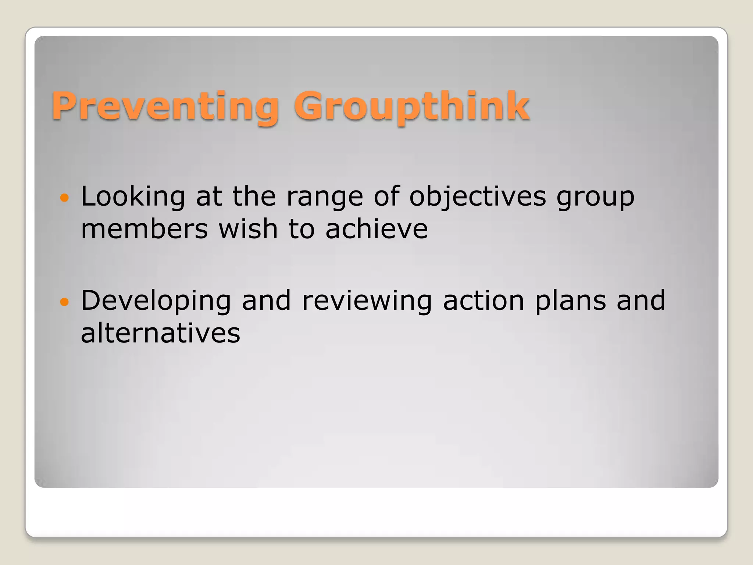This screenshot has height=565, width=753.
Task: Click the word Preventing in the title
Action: (165, 106)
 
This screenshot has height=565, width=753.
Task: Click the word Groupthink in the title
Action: (411, 106)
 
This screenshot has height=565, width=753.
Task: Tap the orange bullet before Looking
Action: (64, 198)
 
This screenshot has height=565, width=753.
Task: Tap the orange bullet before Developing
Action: (64, 302)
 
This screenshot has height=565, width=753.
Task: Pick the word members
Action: (144, 229)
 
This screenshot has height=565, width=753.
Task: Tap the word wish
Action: (248, 229)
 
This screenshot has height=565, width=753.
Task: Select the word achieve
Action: (376, 229)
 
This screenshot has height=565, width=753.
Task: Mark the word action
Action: (483, 301)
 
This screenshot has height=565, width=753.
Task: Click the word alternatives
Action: (160, 333)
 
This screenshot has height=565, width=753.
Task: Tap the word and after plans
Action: (641, 301)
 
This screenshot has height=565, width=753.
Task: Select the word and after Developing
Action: (266, 301)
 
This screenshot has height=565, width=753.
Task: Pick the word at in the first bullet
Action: (209, 196)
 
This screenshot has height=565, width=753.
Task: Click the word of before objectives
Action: (386, 196)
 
